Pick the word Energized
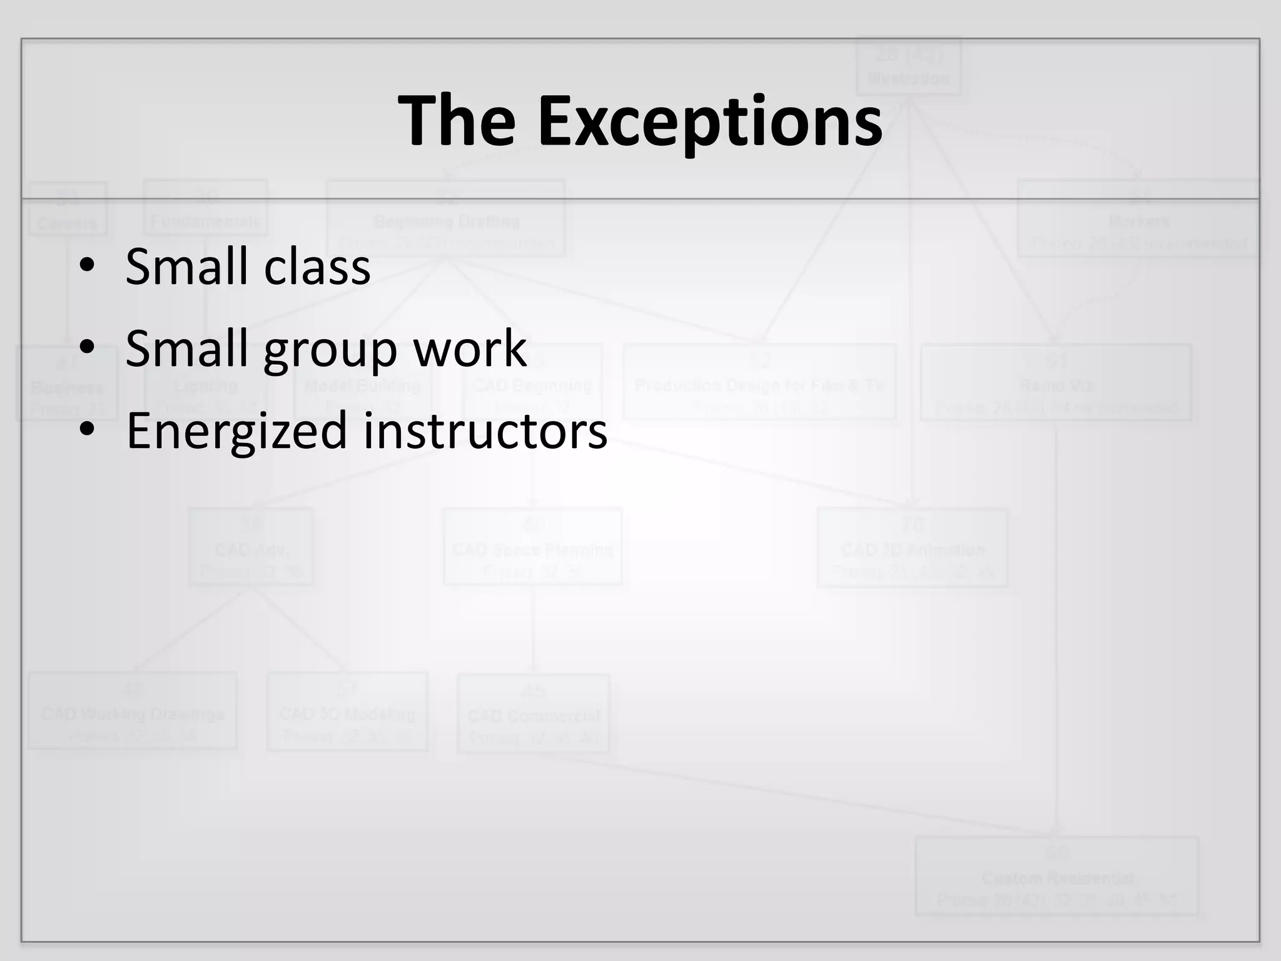(x=236, y=431)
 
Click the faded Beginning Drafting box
(x=446, y=218)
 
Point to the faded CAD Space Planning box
(x=532, y=547)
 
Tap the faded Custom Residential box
(x=1056, y=876)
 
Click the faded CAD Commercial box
(x=533, y=713)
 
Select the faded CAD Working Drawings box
(x=133, y=711)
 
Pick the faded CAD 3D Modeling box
(x=347, y=711)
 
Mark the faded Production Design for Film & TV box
(x=759, y=382)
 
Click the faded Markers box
(x=1138, y=218)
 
